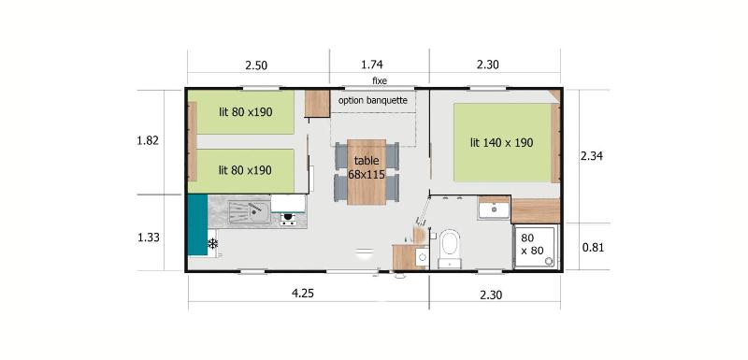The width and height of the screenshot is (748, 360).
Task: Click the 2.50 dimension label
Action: (256, 65)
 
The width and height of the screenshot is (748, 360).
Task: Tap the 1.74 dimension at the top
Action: (372, 65)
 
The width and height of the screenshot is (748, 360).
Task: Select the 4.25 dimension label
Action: (302, 294)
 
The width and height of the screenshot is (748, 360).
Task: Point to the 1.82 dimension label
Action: (148, 141)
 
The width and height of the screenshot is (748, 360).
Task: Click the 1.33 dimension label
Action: (148, 238)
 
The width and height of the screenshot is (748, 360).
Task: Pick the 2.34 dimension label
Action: (591, 156)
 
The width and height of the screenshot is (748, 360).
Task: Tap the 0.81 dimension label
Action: (593, 248)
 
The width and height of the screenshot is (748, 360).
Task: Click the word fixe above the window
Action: (380, 81)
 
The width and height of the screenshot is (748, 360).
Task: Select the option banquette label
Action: (372, 101)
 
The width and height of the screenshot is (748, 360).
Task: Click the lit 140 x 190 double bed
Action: (502, 142)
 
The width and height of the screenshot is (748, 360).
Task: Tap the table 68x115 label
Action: (367, 167)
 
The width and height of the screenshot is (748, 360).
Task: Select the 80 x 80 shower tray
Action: (535, 247)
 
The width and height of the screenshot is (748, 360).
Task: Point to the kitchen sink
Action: (249, 211)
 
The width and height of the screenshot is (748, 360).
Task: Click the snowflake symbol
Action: (213, 244)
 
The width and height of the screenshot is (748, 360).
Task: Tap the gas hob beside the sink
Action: (288, 219)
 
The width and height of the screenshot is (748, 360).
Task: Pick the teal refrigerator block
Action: (197, 224)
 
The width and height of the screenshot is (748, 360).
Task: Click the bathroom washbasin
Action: (495, 209)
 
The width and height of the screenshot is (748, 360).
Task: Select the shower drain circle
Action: (550, 261)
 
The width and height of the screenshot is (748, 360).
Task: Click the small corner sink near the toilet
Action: (422, 257)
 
